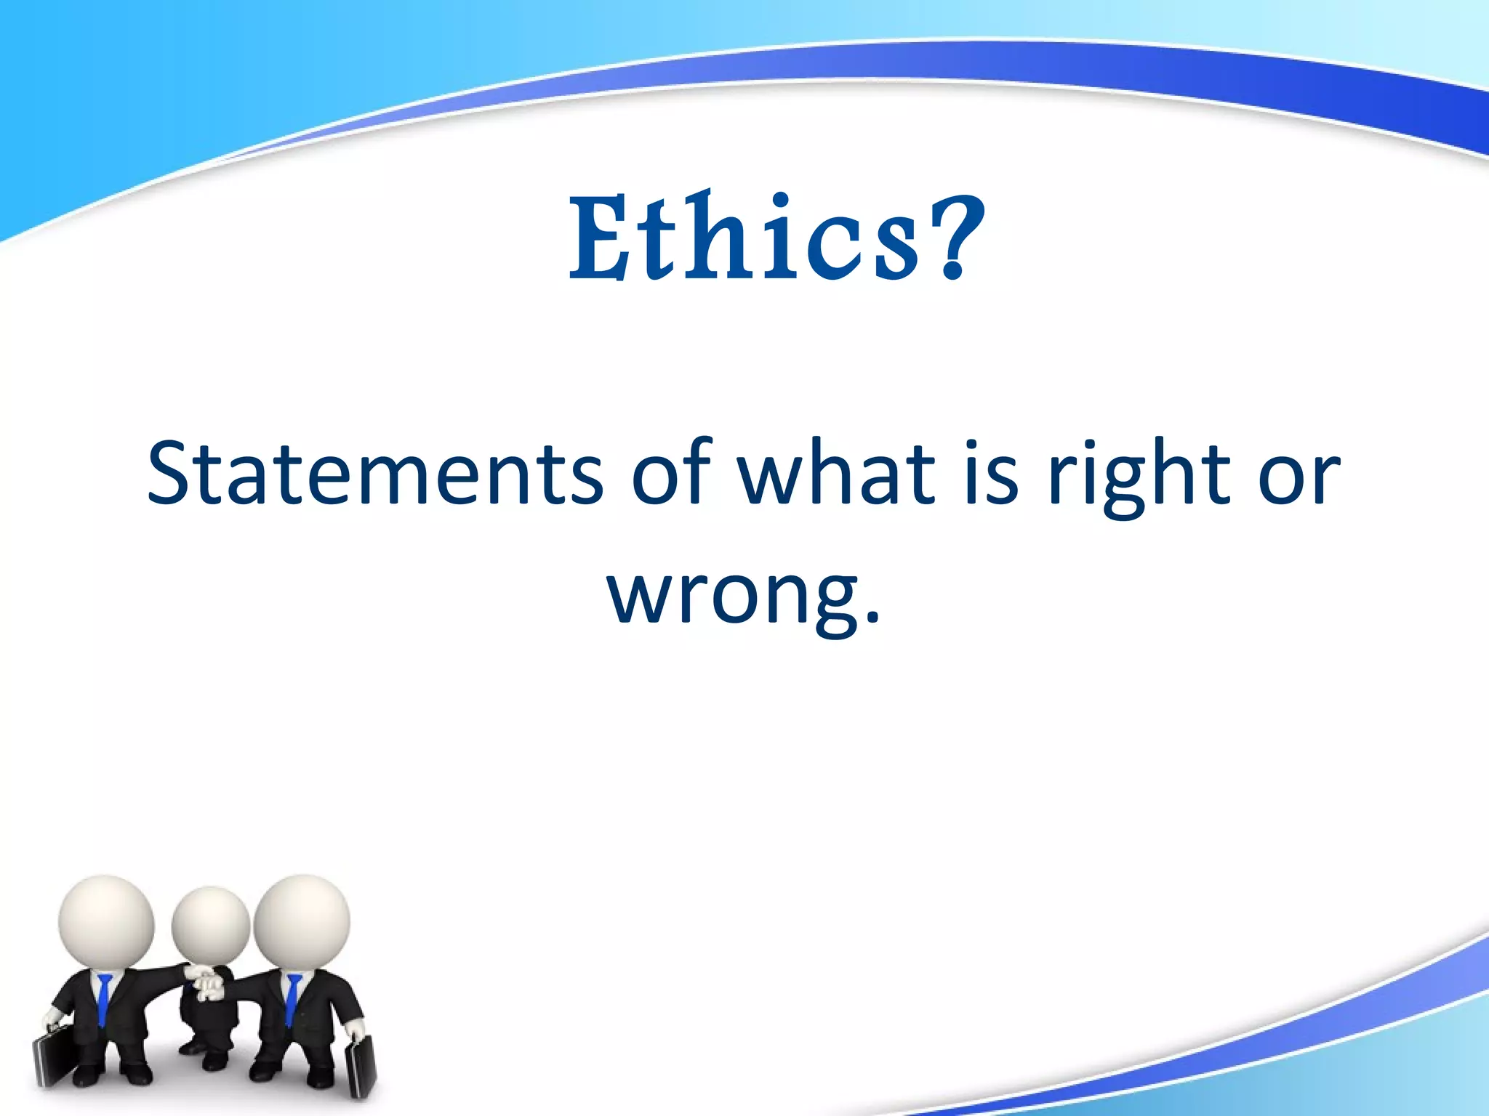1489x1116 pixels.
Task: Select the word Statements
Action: point(374,474)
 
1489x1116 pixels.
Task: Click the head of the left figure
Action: point(106,921)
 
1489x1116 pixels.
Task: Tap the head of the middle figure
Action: point(211,926)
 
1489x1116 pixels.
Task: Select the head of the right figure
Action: point(302,921)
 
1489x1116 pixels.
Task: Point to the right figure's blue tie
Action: point(292,1000)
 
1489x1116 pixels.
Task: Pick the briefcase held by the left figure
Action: point(53,1061)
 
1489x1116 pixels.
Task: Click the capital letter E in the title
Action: point(598,238)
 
